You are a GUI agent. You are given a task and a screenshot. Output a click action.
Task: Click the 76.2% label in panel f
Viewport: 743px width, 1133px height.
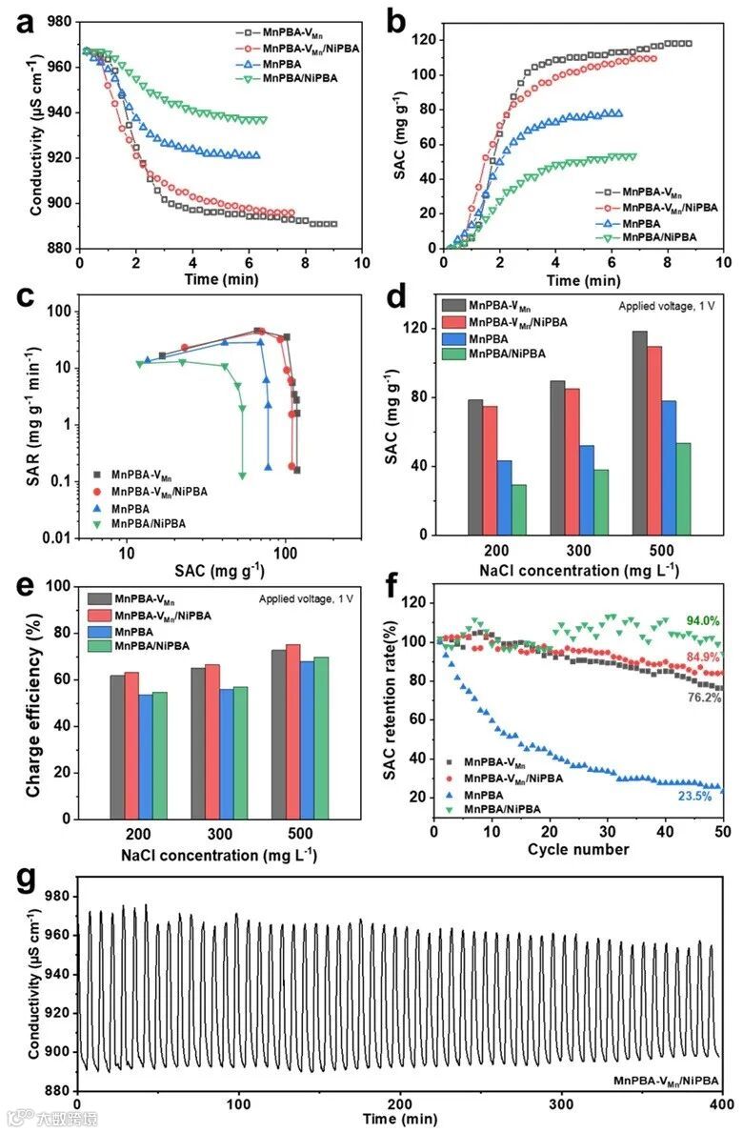click(x=701, y=698)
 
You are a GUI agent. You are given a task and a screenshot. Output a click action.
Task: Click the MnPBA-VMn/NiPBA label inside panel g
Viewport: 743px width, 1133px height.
click(x=665, y=1080)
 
